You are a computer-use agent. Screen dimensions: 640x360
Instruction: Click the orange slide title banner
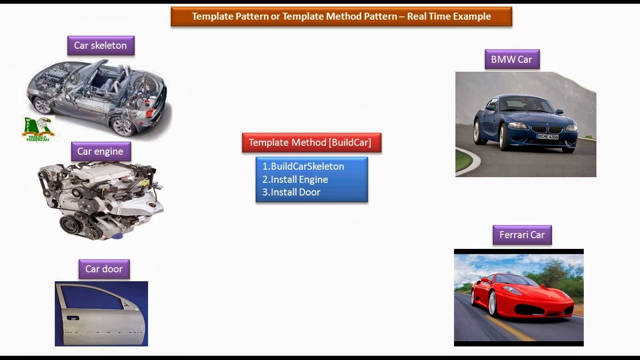coord(342,16)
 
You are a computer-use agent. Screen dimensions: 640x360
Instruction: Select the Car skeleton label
coord(101,45)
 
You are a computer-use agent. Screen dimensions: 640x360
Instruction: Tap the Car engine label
coord(101,151)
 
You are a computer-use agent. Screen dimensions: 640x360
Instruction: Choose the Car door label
coord(104,269)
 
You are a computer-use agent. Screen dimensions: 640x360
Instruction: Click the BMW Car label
coord(512,59)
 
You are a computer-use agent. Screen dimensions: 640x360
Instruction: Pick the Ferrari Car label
coord(522,235)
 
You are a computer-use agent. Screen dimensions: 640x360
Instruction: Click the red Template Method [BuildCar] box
coord(312,142)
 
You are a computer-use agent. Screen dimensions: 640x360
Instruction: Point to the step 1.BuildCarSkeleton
coord(303,166)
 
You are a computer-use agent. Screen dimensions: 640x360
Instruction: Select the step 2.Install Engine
coord(295,180)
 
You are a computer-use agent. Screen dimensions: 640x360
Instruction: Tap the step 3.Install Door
coord(291,192)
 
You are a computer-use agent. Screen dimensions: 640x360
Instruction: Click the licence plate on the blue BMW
coord(548,137)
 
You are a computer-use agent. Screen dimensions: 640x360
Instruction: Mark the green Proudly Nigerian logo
coord(38,129)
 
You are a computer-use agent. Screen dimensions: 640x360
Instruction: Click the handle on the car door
coord(73,318)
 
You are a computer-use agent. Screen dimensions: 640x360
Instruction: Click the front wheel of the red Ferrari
coord(492,304)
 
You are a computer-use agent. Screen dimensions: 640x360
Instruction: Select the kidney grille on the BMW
coord(547,129)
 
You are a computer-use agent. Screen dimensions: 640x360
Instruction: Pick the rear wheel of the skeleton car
coord(123,127)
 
